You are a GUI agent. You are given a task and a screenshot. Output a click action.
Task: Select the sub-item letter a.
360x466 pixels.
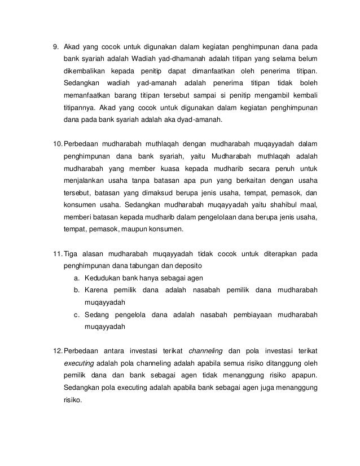pyautogui.click(x=76, y=278)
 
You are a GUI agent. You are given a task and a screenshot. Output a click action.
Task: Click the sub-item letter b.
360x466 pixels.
pyautogui.click(x=76, y=290)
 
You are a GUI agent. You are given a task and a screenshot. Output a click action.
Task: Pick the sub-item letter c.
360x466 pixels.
pyautogui.click(x=76, y=314)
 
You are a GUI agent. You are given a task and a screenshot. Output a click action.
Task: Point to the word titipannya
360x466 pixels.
pyautogui.click(x=80, y=108)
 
